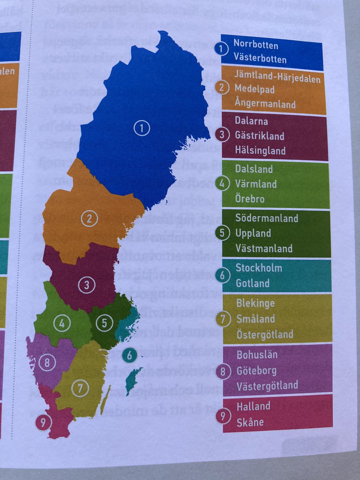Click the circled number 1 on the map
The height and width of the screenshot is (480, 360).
[x=141, y=128]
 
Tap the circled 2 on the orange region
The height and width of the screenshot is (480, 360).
[x=89, y=219]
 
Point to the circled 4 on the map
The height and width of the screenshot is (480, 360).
[x=62, y=323]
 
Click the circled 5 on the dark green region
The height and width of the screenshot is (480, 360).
[x=104, y=323]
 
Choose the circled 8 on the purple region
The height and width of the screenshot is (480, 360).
[x=47, y=363]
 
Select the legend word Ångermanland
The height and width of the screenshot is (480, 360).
[x=265, y=104]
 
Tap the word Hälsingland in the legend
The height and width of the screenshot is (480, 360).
[x=260, y=151]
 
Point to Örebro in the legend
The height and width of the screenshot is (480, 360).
[x=250, y=198]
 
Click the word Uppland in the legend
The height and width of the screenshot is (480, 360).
[x=253, y=233]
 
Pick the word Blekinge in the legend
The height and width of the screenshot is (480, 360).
[x=255, y=303]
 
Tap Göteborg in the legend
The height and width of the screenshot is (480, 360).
[x=256, y=370]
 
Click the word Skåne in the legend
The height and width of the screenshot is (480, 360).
[x=250, y=422]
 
